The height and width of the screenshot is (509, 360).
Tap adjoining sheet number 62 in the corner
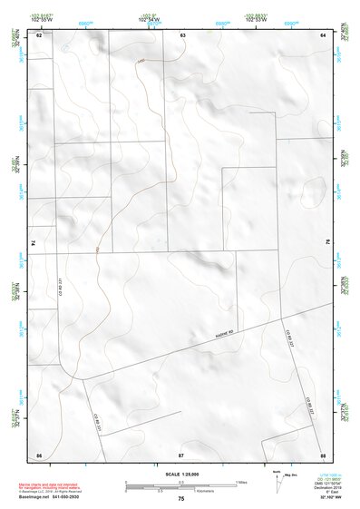39,34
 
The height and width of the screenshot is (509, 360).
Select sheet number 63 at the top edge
182,34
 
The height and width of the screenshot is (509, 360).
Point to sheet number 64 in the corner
323,34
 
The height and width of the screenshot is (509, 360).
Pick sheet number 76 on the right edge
327,243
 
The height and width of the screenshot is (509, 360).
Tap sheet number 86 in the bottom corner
39,454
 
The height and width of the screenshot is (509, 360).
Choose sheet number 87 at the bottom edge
181,454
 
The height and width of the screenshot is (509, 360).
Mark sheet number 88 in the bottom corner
323,454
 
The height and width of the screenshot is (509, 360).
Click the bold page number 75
181,499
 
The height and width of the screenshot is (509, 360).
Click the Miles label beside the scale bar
241,482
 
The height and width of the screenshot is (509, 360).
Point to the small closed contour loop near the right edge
314,189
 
